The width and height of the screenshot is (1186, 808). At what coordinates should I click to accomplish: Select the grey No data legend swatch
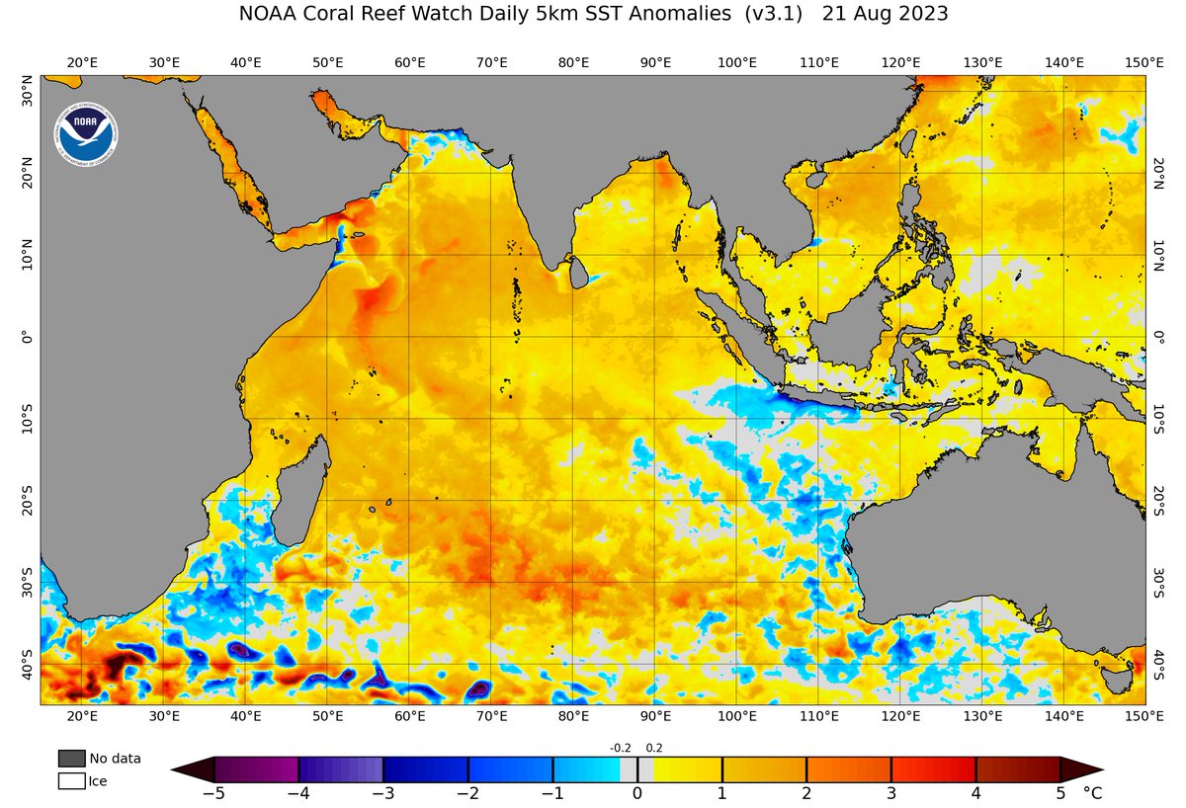point(71,759)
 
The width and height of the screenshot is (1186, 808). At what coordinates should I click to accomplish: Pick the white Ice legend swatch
point(71,781)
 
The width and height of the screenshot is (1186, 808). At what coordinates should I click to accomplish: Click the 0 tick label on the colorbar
point(637,792)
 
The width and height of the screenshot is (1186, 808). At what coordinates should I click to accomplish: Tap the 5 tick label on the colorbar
point(1059,792)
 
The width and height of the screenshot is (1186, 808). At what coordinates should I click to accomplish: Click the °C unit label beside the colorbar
point(1092,792)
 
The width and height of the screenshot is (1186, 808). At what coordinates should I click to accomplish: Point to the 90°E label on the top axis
point(656,62)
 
